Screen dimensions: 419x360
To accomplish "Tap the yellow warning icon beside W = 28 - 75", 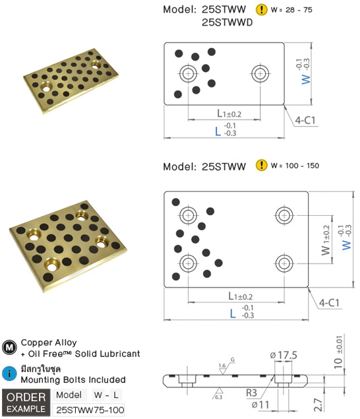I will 262,10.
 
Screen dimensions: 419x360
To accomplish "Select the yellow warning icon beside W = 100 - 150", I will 262,165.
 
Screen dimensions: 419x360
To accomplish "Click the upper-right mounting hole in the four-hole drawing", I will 285,214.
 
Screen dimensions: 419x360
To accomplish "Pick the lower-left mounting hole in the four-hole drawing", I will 188,262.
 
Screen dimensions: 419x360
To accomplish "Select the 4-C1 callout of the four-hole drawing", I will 329,303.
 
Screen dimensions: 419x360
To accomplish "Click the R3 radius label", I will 251,393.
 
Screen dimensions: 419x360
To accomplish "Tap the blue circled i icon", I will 9,373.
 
